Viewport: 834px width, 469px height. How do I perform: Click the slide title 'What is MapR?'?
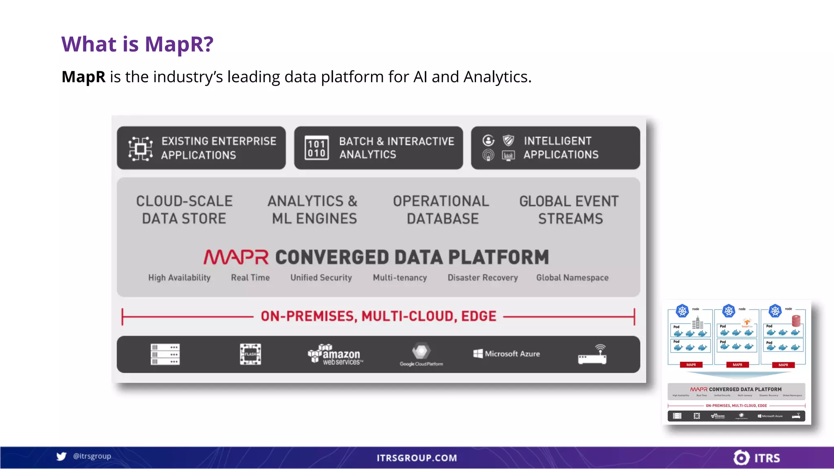tap(137, 44)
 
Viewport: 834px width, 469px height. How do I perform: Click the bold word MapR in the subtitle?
tap(83, 77)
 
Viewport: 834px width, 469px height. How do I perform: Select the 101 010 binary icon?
tap(316, 148)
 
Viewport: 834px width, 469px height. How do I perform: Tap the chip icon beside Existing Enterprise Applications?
tap(140, 149)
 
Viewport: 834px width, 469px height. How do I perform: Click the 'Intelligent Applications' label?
tap(561, 148)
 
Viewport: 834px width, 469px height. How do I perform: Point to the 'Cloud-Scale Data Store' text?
tap(184, 210)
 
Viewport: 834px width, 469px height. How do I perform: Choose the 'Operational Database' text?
tap(441, 210)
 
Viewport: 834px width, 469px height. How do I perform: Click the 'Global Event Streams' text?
tap(569, 210)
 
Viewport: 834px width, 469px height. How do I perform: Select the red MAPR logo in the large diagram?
tap(236, 257)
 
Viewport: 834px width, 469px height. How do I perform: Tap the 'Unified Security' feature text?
tap(321, 278)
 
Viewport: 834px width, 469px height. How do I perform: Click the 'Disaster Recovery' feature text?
tap(483, 278)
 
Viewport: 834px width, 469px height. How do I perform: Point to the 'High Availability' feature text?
tap(179, 278)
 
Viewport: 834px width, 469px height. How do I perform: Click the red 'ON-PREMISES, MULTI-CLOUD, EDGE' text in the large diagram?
tap(378, 316)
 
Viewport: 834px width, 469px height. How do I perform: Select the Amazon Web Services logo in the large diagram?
tap(335, 354)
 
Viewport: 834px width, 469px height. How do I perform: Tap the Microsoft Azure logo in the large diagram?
tap(507, 354)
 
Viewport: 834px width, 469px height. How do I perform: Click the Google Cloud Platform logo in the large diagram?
tap(421, 355)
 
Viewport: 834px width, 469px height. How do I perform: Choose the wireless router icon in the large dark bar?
tap(593, 354)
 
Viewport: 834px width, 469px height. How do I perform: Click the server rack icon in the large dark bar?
tap(165, 354)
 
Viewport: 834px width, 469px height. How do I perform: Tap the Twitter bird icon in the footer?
tap(61, 456)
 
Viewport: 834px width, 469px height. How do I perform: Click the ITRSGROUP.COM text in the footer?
tap(417, 458)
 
